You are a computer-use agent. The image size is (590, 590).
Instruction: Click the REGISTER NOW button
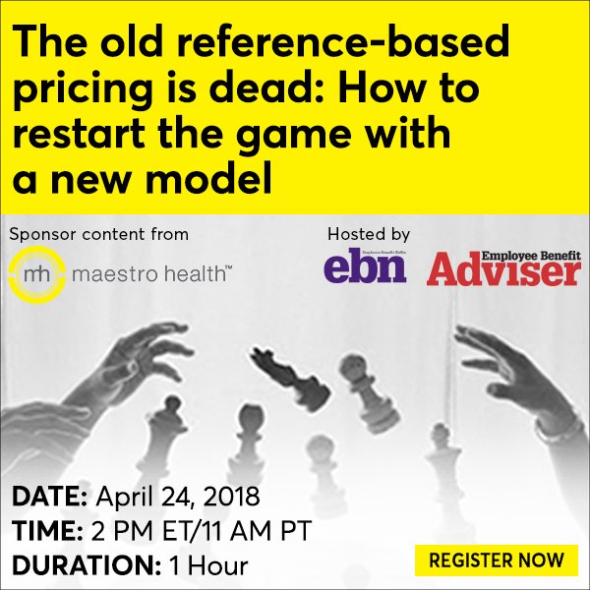pos(498,560)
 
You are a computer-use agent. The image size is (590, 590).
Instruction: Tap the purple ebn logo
pos(365,265)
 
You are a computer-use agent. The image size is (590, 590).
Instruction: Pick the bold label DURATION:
pos(73,565)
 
